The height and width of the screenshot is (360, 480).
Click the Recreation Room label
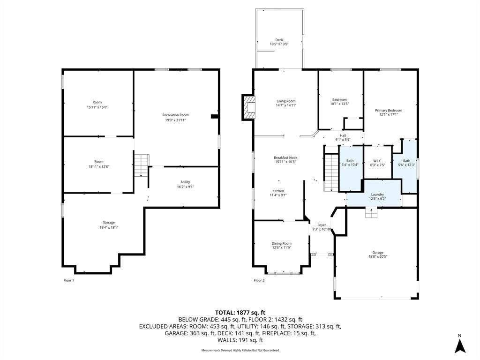tap(175, 115)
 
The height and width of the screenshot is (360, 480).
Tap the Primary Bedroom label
tap(389, 110)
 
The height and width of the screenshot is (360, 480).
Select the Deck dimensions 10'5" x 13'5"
tap(279, 44)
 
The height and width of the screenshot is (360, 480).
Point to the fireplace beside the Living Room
tap(248, 107)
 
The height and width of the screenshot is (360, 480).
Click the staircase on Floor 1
tap(142, 165)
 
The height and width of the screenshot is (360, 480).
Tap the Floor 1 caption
tap(68, 280)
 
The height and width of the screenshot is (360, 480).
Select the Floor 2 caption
tap(259, 280)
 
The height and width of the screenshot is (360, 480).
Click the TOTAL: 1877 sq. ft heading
tap(240, 313)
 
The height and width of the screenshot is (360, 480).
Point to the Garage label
tap(378, 253)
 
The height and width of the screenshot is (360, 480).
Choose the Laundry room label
tap(377, 195)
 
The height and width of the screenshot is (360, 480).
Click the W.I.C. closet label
tap(377, 161)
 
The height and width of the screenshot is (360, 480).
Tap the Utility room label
tap(186, 182)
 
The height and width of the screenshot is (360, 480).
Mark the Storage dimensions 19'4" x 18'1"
tap(109, 227)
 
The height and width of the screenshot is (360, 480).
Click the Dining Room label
tap(282, 243)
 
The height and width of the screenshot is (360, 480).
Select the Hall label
tap(343, 135)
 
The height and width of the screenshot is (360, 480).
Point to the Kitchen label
tap(278, 191)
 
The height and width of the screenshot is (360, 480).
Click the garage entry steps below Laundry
tap(371, 213)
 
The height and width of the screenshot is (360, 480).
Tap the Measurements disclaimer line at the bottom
tap(240, 350)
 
